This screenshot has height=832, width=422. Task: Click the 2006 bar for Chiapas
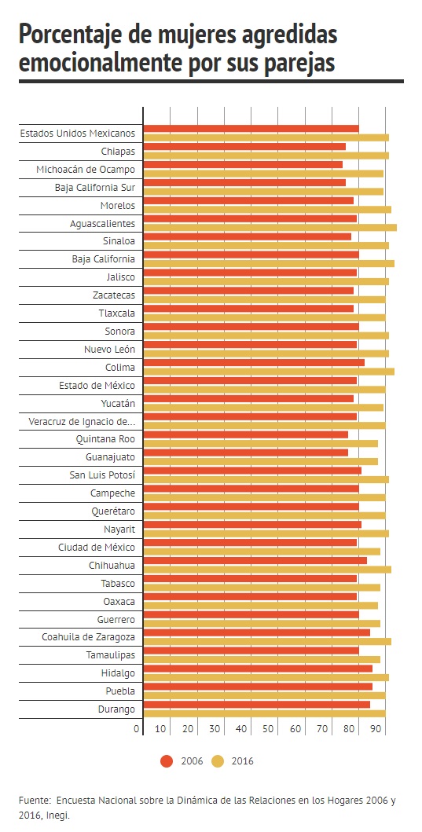tap(244, 146)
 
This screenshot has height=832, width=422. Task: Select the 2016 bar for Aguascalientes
tap(270, 228)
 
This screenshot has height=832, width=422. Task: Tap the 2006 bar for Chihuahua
tap(255, 560)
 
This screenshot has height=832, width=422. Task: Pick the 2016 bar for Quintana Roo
tap(261, 444)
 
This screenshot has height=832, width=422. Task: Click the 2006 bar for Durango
tap(257, 705)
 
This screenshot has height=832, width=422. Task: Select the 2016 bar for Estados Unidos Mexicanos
tap(266, 137)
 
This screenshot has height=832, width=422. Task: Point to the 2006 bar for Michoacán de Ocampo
tap(243, 164)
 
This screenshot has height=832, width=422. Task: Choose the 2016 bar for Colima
tap(269, 372)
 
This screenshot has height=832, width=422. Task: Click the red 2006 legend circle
tap(167, 761)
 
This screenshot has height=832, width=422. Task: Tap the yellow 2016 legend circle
tap(218, 761)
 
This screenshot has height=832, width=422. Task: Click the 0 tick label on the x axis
tap(137, 729)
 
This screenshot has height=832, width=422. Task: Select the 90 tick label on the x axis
tap(376, 729)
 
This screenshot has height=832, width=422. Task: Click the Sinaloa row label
tap(119, 241)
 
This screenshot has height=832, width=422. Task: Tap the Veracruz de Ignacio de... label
tap(82, 422)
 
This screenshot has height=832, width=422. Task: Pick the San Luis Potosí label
tap(102, 475)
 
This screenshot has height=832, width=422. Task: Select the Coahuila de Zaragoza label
tap(89, 636)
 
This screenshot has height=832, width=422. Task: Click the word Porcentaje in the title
tap(68, 35)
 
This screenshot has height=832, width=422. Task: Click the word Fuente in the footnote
tap(34, 801)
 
